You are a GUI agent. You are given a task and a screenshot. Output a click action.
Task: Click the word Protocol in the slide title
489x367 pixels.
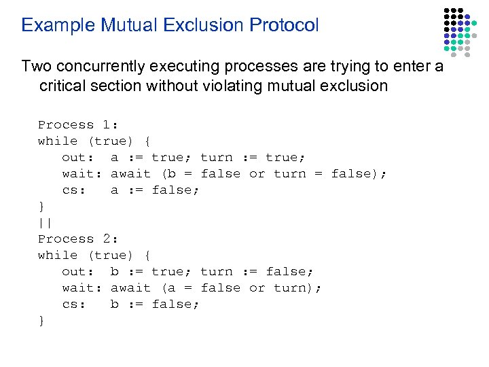pyautogui.click(x=284, y=26)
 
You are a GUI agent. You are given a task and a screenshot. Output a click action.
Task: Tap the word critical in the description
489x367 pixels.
pyautogui.click(x=67, y=86)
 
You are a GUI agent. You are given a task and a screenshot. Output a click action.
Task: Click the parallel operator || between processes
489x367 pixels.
pyautogui.click(x=46, y=222)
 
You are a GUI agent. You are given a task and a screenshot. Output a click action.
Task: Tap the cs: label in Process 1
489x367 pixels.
pyautogui.click(x=74, y=190)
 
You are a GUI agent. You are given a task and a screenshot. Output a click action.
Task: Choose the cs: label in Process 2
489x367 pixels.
pyautogui.click(x=74, y=304)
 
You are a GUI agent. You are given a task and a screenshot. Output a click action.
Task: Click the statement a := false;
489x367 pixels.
pyautogui.click(x=155, y=190)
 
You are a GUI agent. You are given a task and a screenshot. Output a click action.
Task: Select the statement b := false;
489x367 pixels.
pyautogui.click(x=155, y=304)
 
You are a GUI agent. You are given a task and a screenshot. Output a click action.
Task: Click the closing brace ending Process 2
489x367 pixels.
pyautogui.click(x=41, y=320)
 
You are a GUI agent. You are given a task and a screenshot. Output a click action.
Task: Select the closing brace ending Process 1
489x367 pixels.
pyautogui.click(x=41, y=206)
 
